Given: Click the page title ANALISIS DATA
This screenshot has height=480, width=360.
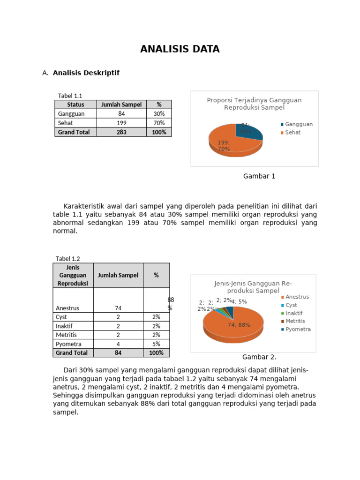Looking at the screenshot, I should click(x=180, y=49).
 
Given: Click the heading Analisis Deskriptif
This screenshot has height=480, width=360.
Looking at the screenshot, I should click(x=86, y=73).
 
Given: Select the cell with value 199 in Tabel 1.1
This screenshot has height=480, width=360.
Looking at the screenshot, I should click(x=121, y=123).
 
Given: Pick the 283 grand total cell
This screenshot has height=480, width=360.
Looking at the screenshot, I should click(x=121, y=132).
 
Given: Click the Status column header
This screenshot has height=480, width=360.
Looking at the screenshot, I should click(x=75, y=105).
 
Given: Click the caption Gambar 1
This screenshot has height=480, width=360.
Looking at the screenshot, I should click(x=259, y=176).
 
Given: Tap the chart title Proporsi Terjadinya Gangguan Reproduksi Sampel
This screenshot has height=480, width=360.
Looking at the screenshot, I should click(x=254, y=104).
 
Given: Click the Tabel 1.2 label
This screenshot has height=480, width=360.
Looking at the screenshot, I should click(x=68, y=259).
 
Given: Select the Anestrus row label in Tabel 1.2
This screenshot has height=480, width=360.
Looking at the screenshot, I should click(x=67, y=308).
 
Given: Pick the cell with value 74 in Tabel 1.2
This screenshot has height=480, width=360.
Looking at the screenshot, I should click(x=118, y=308).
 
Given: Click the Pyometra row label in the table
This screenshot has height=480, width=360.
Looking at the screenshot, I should click(x=68, y=344).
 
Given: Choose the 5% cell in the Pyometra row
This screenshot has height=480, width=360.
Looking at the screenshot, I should click(x=156, y=344).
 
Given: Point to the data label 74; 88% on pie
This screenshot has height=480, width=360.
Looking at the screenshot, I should click(x=239, y=325).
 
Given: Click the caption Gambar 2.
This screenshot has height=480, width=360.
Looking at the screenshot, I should click(x=259, y=357).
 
